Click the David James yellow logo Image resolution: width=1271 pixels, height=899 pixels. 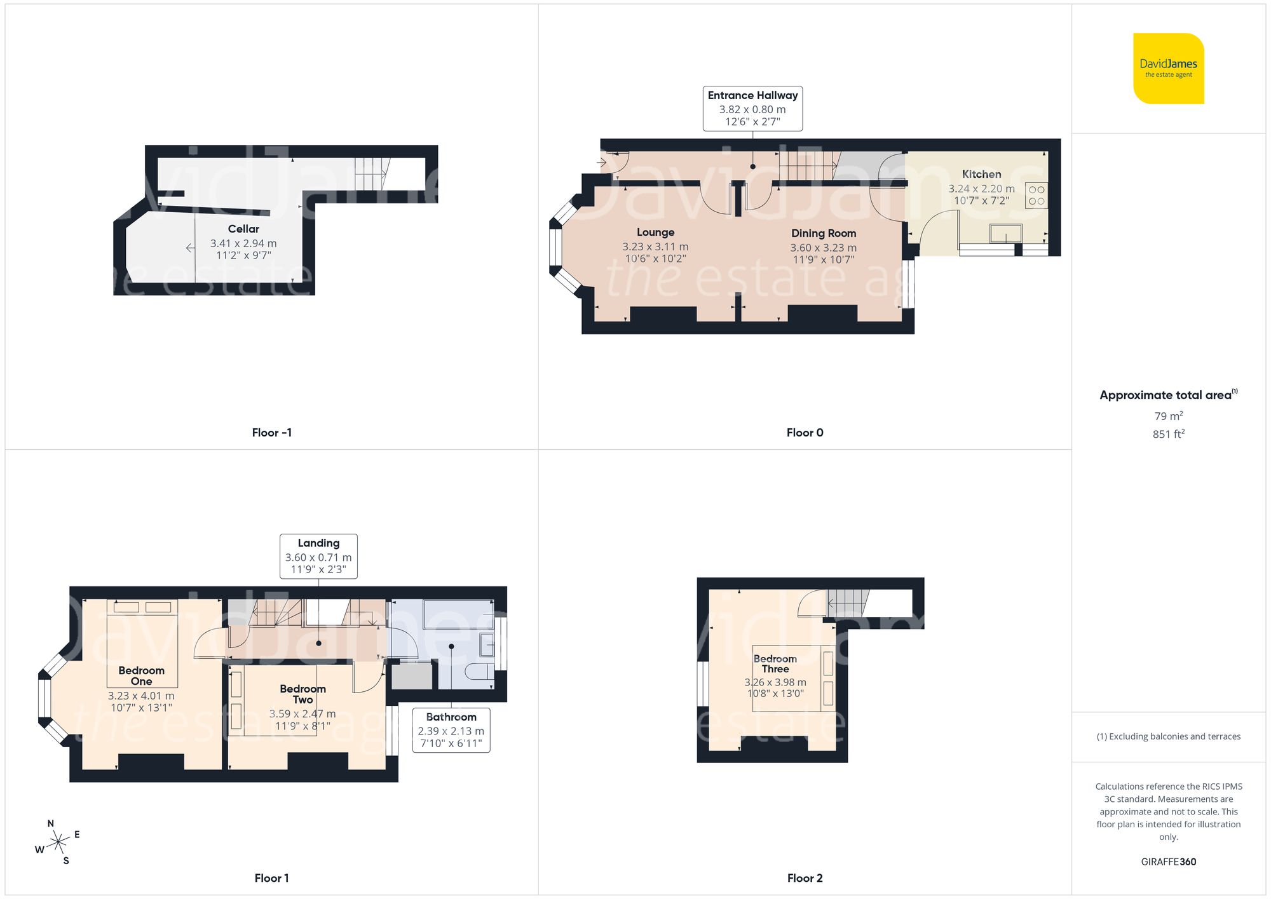click(x=1168, y=69)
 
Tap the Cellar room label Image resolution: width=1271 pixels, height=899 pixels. click(x=243, y=229)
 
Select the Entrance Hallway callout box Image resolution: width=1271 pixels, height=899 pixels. click(x=752, y=109)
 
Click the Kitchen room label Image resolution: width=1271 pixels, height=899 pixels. click(x=981, y=174)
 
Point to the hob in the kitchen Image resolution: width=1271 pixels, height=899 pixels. click(x=1036, y=196)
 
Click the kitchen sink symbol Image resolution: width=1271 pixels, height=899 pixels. click(x=1005, y=233)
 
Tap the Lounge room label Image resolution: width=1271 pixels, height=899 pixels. click(x=655, y=233)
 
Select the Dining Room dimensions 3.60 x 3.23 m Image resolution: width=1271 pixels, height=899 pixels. click(x=823, y=248)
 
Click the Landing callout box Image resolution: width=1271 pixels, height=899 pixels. click(x=318, y=556)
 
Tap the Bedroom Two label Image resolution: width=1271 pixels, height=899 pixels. click(x=302, y=694)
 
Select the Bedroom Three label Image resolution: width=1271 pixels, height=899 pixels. click(x=775, y=664)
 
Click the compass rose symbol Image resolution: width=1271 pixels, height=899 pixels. click(x=58, y=842)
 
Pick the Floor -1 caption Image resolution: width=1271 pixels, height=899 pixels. click(x=271, y=433)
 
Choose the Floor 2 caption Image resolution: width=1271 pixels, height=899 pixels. click(x=805, y=878)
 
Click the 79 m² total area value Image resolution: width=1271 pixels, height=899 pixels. click(x=1168, y=416)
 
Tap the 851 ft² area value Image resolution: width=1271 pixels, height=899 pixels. click(x=1168, y=434)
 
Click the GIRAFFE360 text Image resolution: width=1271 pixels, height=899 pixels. click(x=1168, y=862)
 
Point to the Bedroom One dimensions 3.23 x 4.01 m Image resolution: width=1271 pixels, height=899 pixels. click(x=141, y=696)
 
